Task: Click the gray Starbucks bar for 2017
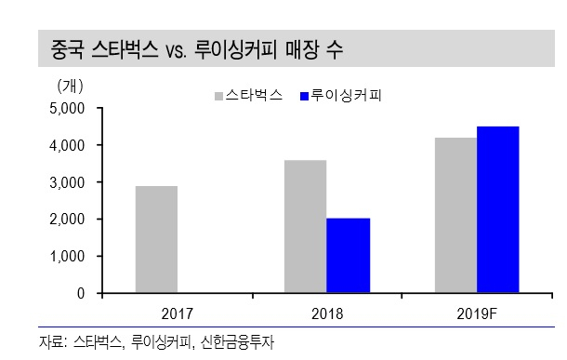[x=156, y=239]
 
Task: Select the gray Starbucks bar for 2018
[x=305, y=226]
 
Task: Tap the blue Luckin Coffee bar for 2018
[x=349, y=255]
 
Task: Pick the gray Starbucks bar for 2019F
[x=456, y=215]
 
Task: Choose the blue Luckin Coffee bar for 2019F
[x=498, y=209]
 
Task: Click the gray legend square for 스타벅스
[x=218, y=96]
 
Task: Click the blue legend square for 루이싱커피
[x=305, y=96]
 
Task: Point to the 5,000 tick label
[x=67, y=109]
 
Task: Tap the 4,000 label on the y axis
[x=67, y=145]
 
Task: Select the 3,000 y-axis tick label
[x=67, y=182]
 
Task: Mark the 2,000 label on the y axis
[x=67, y=220]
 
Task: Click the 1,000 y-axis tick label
[x=67, y=256]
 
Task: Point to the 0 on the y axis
[x=81, y=293]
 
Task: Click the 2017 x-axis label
[x=178, y=313]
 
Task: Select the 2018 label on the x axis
[x=327, y=313]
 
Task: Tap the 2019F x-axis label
[x=478, y=313]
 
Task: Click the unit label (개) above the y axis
[x=70, y=87]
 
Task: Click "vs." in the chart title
[x=176, y=51]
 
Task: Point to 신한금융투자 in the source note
[x=237, y=342]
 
